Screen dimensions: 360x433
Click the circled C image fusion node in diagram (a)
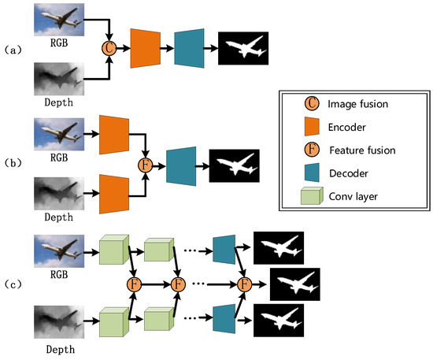pyautogui.click(x=109, y=48)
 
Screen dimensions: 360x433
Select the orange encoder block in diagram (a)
pyautogui.click(x=146, y=48)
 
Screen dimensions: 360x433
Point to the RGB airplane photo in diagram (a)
pyautogui.click(x=59, y=19)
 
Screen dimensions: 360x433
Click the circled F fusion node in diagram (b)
pyautogui.click(x=143, y=165)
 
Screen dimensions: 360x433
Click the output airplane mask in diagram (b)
pyautogui.click(x=234, y=165)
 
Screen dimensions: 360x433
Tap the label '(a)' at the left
pyautogui.click(x=13, y=48)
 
